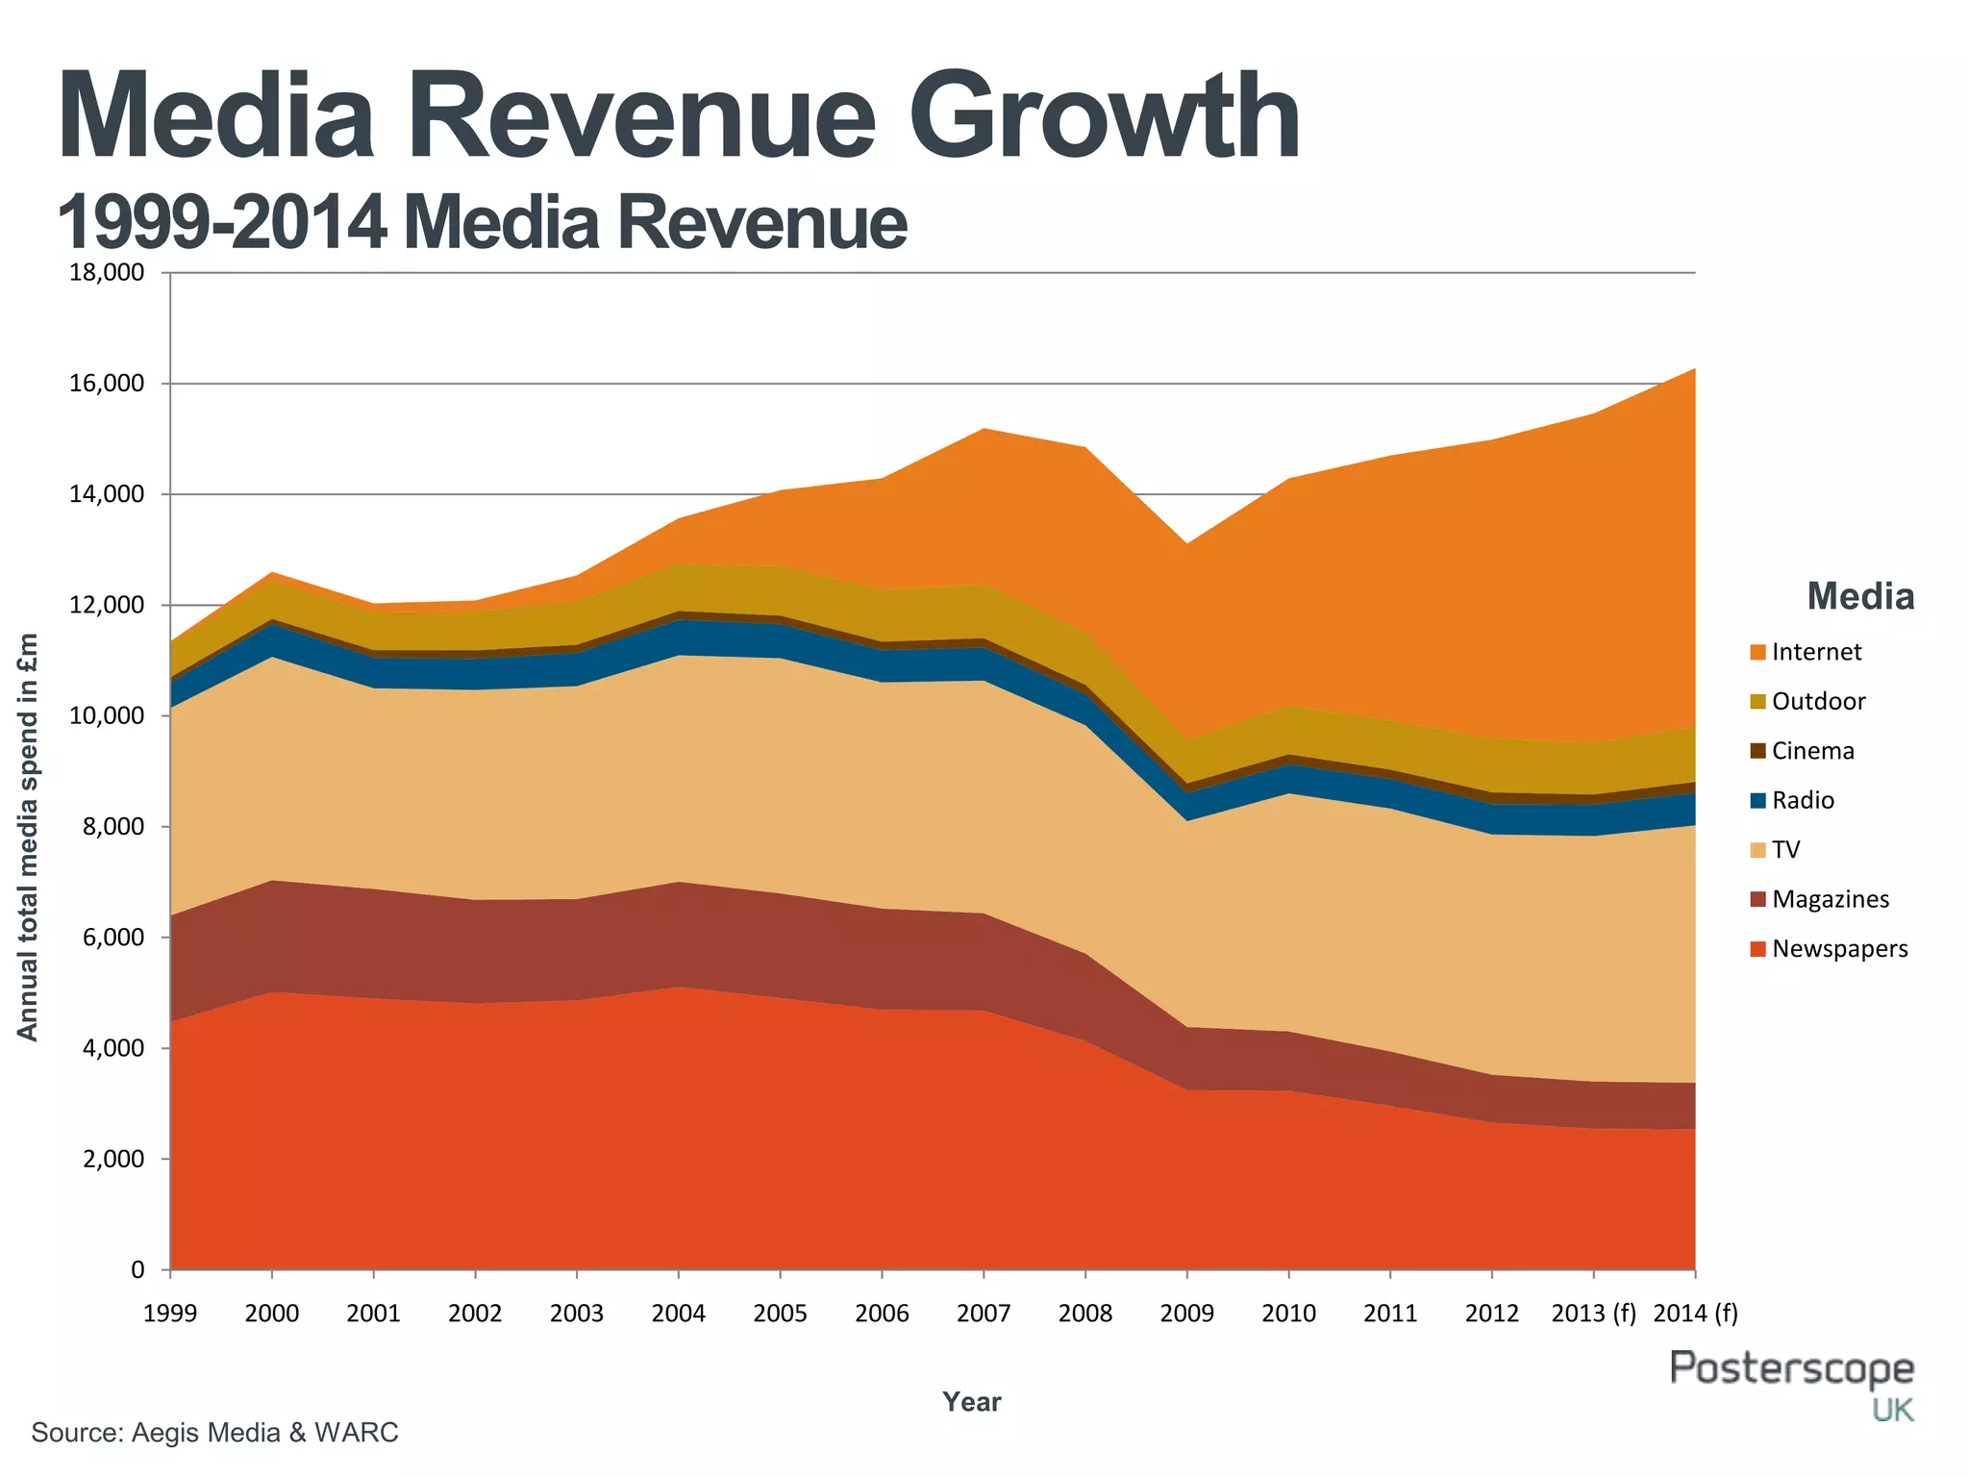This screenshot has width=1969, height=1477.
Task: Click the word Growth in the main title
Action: point(1105,117)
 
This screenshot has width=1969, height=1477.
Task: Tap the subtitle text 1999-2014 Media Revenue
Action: point(482,223)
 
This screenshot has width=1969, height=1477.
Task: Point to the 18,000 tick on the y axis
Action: point(107,273)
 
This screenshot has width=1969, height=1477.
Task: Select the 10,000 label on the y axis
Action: point(107,716)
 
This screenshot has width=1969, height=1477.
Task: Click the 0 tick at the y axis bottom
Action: point(137,1270)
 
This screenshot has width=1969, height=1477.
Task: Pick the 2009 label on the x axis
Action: point(1186,1314)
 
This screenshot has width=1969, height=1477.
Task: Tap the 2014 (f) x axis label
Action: point(1695,1314)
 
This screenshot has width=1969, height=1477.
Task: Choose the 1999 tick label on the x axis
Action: point(170,1314)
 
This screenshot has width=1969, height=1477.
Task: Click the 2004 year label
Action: point(678,1314)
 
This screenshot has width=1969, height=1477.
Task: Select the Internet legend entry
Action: point(1816,652)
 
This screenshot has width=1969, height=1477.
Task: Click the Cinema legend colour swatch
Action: point(1757,751)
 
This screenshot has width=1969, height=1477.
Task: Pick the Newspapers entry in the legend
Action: point(1839,949)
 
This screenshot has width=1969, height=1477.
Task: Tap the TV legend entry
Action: point(1785,850)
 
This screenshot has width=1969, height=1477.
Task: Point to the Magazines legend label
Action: point(1830,900)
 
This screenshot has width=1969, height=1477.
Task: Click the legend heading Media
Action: point(1859,597)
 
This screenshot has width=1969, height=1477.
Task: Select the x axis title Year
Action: point(971,1402)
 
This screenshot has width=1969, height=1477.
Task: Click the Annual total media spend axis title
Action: point(28,837)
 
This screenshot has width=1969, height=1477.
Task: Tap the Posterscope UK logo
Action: point(1792,1383)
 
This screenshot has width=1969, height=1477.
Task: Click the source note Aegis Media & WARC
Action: point(214,1433)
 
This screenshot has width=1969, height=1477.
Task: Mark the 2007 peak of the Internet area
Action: point(984,430)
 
